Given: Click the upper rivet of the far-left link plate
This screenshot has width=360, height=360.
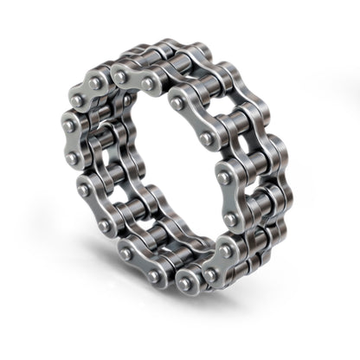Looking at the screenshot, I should [x=69, y=126].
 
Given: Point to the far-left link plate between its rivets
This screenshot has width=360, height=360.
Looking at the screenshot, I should [x=70, y=143].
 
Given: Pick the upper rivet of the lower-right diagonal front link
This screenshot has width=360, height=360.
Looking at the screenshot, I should [x=225, y=251].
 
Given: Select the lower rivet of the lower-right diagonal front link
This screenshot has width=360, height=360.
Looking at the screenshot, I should [x=208, y=275].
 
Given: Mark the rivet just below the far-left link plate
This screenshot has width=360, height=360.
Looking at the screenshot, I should [x=85, y=188].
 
